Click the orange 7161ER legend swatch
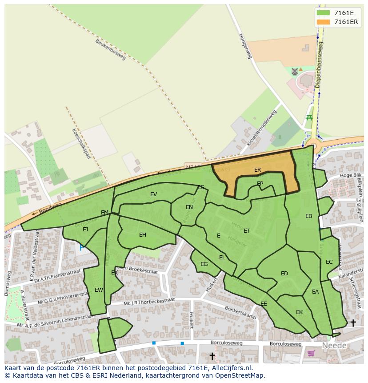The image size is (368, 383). point(323,22)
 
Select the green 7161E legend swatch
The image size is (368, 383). point(323,13)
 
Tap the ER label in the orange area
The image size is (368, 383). point(258,170)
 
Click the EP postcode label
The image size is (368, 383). point(260,183)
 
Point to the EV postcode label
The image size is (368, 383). point(154,194)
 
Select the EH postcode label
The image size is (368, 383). point(143,235)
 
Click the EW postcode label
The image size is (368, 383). point(99,290)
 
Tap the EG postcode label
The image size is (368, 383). point(204,264)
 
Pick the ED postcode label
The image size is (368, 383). point(284,274)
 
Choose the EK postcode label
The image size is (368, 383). point(299,312)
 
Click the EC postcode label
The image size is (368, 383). point(329,262)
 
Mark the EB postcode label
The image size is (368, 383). point(308,216)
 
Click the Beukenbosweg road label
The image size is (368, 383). point(111,49)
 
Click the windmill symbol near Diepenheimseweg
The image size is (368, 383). point(294,71)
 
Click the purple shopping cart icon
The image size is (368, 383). point(311,353)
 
